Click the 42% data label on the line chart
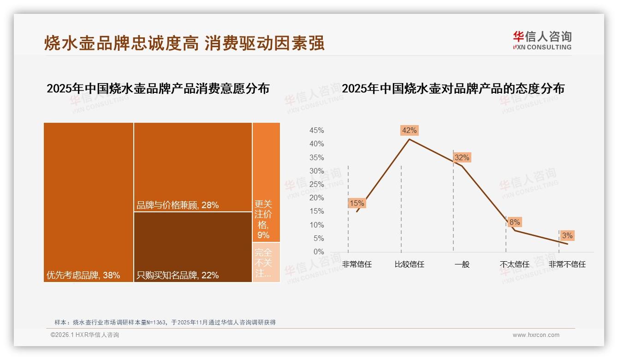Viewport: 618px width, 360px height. coord(409,131)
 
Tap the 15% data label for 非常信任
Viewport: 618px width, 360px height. coord(357,203)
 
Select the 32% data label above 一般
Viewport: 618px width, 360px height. coord(462,158)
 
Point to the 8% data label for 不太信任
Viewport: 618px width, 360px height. coord(514,222)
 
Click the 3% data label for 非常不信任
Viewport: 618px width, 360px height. coord(567,236)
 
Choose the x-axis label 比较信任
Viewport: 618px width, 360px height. coord(409,264)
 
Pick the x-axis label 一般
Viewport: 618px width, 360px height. coord(462,264)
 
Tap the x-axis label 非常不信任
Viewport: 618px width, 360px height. coord(567,264)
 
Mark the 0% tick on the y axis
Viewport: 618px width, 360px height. coord(319,252)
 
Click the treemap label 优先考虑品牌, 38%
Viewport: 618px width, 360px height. coord(83,276)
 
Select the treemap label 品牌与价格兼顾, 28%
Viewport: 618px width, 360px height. coord(178,205)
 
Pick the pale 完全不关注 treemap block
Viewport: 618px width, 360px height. coord(266,262)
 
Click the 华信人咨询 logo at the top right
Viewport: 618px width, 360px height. coord(542,41)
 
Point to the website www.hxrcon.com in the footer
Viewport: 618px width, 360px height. coord(536,335)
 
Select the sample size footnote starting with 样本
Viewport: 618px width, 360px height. coord(165,322)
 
